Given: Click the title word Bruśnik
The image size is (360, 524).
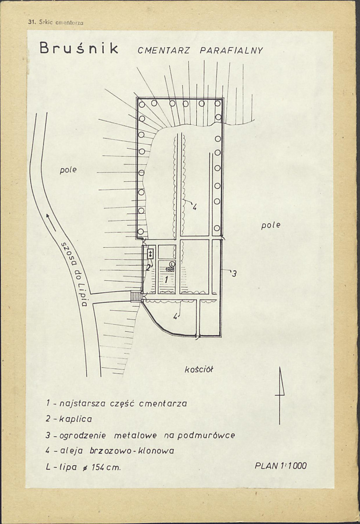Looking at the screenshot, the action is [79, 49].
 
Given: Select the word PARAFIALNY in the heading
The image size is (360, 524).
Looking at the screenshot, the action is [231, 50].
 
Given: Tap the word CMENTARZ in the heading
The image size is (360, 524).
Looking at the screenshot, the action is [164, 50].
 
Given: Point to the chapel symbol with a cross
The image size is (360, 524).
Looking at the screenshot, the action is [150, 253].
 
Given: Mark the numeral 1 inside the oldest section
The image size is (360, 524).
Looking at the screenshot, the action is [166, 279].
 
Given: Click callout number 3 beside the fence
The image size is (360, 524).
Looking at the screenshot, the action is [234, 274].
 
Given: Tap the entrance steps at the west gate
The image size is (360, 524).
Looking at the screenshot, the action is [136, 296].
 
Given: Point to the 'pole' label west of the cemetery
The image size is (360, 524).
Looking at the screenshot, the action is [69, 170].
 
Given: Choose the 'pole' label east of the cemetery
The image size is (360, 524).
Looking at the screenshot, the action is [271, 225].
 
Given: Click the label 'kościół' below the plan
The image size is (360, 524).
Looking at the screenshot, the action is [199, 369].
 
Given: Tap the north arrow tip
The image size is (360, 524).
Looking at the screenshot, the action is [280, 367].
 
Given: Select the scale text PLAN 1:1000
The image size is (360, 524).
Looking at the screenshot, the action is [280, 465].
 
